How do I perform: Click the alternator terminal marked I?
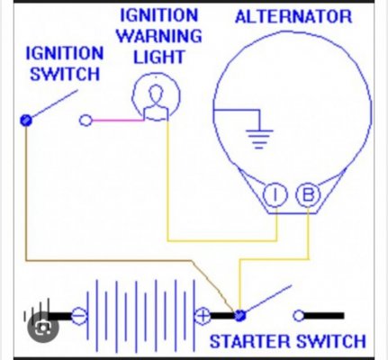point(275,195)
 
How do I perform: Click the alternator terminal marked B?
point(308,195)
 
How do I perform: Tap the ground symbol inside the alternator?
point(259,139)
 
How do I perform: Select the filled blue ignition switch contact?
point(26,121)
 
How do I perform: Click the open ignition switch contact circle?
point(86,121)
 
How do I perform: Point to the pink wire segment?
point(118,121)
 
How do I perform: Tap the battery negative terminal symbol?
point(79,316)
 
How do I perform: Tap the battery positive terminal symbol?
point(203,316)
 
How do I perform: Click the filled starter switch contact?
point(239,316)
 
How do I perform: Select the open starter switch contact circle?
point(299,316)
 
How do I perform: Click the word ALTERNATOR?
point(293,16)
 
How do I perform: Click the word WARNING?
point(159,36)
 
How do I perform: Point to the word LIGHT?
point(159,57)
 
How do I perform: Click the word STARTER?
point(250,341)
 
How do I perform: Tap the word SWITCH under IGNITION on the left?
point(65,74)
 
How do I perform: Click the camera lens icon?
point(43,328)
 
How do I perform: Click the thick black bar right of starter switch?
point(324,316)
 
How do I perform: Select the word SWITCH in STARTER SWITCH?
point(331,341)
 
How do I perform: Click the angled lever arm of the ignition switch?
point(55,103)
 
